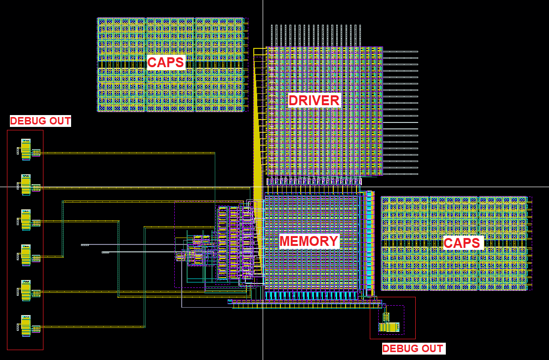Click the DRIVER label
[314, 101]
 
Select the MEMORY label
[309, 241]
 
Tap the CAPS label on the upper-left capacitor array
[166, 62]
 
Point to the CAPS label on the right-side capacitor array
[462, 243]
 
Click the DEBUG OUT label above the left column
[40, 121]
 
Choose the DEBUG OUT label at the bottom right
[413, 349]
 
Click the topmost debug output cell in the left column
[26, 150]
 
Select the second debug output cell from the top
[26, 185]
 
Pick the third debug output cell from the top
[26, 220]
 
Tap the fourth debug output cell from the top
[26, 255]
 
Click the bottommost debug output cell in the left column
[26, 325]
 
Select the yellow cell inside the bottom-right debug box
[389, 326]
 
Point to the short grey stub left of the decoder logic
[85, 245]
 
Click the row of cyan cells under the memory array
[311, 295]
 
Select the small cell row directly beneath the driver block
[314, 182]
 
